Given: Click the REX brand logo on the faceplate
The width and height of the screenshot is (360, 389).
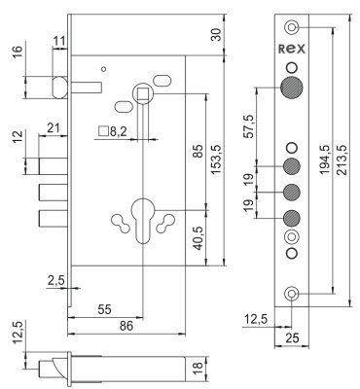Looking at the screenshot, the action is coord(292,49).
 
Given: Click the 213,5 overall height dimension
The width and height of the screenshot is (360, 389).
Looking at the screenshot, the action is coord(342,159).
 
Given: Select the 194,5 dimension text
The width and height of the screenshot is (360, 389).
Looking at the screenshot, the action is coord(325,159).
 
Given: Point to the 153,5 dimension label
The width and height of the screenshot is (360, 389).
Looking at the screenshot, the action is coord(216,159).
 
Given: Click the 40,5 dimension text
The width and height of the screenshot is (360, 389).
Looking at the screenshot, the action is coord(199,237).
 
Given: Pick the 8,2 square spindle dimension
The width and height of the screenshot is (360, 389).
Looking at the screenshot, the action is coord(113,131).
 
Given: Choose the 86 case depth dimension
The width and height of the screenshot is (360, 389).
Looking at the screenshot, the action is coord(126,326).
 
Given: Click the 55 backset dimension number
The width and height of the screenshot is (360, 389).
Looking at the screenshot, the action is coord(104,309).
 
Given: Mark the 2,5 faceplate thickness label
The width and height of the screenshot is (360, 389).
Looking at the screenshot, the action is coord(56,280).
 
